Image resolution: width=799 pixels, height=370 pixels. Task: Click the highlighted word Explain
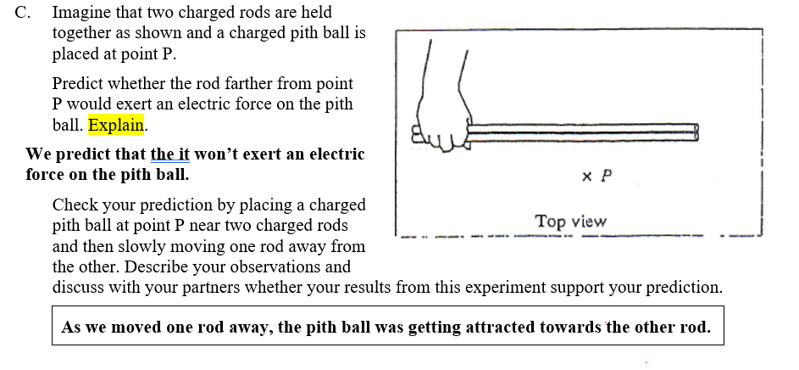pyautogui.click(x=117, y=126)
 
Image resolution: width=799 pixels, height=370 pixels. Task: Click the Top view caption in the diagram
pyautogui.click(x=570, y=221)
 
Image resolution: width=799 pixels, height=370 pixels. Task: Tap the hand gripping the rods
pyautogui.click(x=441, y=127)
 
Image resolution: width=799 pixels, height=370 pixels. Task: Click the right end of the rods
pyautogui.click(x=696, y=132)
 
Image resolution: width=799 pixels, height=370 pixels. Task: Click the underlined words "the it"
pyautogui.click(x=170, y=154)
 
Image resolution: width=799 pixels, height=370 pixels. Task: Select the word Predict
pyautogui.click(x=80, y=84)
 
